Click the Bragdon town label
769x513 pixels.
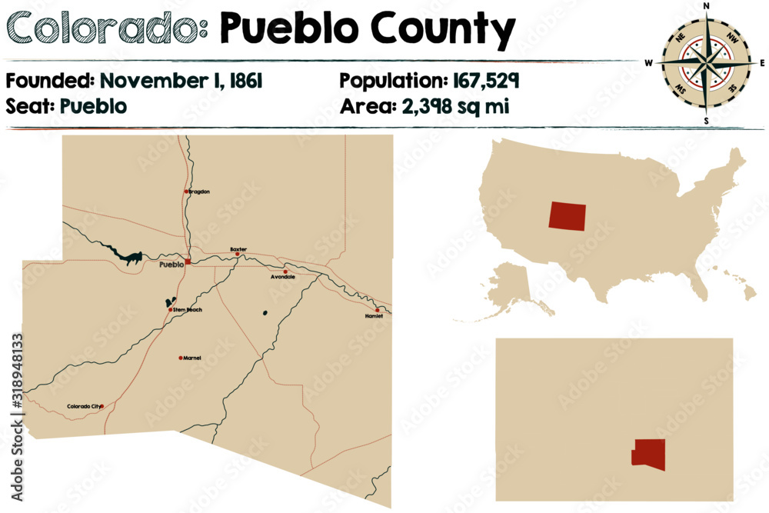click(x=199, y=192)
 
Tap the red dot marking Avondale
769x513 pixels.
click(x=285, y=271)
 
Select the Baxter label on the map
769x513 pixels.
click(x=239, y=249)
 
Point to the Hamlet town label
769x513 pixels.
click(x=374, y=316)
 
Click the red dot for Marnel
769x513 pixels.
click(x=181, y=358)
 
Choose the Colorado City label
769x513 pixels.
click(x=83, y=406)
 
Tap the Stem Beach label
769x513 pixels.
click(x=188, y=310)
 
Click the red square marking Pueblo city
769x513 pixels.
click(x=188, y=261)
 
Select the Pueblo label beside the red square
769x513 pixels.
click(x=171, y=265)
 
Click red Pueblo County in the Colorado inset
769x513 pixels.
click(x=648, y=455)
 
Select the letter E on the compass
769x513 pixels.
click(x=762, y=63)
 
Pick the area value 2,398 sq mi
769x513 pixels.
click(x=456, y=106)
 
